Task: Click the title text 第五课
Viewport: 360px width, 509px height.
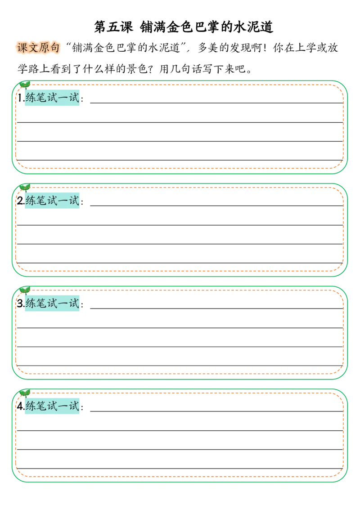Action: pos(114,27)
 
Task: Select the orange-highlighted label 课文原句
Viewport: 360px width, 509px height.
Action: pos(38,48)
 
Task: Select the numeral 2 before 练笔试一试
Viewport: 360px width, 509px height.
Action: pos(20,200)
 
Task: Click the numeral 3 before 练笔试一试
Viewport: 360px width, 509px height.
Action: pos(20,303)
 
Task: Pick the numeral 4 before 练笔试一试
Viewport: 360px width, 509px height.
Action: pos(20,406)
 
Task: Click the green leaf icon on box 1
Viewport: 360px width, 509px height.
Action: pos(25,85)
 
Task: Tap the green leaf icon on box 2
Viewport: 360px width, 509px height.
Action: pos(25,188)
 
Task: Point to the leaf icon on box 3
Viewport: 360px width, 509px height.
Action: pos(25,290)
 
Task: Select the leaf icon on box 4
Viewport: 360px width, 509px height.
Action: pos(25,393)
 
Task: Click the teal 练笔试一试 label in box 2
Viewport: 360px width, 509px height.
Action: pos(52,200)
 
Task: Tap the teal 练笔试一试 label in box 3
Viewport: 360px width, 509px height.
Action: pos(52,303)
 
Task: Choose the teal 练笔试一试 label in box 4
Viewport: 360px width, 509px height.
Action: pos(52,406)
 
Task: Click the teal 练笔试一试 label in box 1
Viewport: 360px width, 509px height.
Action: pos(52,98)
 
